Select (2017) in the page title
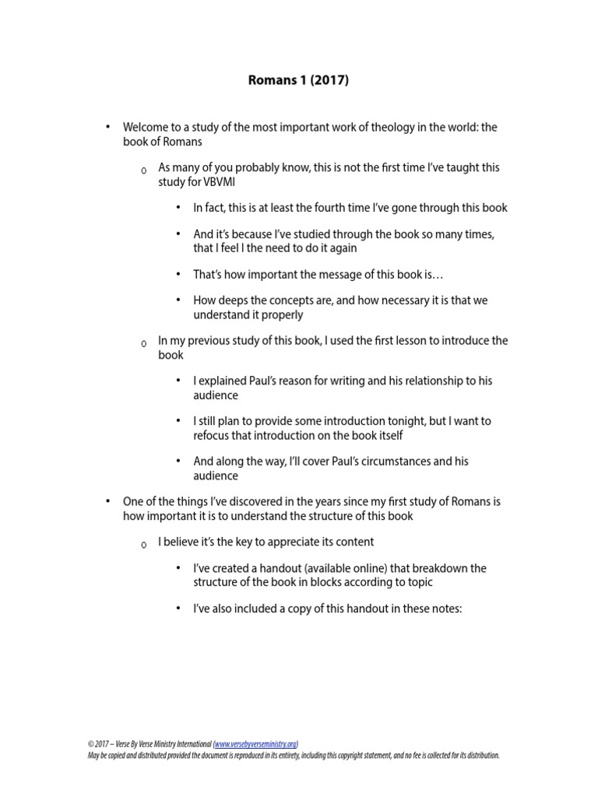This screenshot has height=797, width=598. (x=329, y=80)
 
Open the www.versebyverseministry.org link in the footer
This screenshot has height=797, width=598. (x=255, y=744)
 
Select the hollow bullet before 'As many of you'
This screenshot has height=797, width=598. (x=143, y=170)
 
